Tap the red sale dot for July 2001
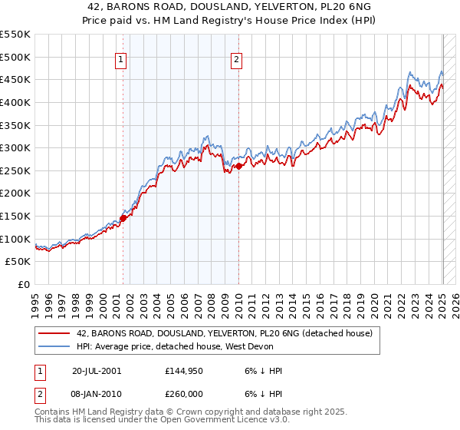pyautogui.click(x=123, y=218)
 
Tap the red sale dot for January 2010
pyautogui.click(x=238, y=166)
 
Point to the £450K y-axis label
pyautogui.click(x=15, y=79)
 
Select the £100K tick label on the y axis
pyautogui.click(x=15, y=239)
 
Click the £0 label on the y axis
pyautogui.click(x=23, y=284)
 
